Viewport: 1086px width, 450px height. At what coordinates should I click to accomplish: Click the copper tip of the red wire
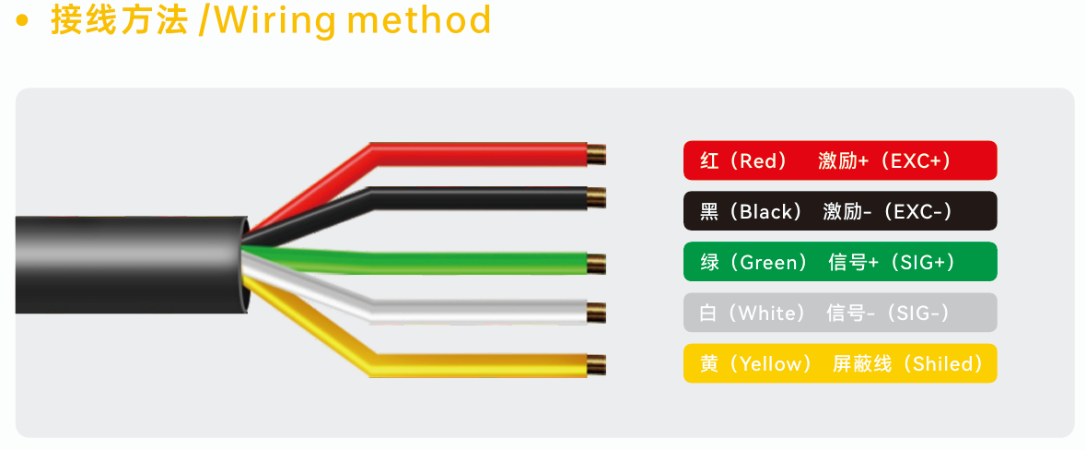[596, 155]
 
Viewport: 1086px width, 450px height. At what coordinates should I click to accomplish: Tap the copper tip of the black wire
[596, 197]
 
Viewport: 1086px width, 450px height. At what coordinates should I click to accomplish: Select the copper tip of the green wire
[596, 264]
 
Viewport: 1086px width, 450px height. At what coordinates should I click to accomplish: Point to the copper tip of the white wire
[596, 313]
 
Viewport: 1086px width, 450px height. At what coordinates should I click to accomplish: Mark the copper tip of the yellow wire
[596, 364]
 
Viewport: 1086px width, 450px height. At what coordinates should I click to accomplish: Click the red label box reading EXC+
[840, 160]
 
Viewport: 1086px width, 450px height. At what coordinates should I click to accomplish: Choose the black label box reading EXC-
[840, 211]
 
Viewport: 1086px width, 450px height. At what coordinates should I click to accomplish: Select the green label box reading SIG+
[840, 261]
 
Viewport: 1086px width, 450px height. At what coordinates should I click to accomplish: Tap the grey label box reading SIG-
[840, 312]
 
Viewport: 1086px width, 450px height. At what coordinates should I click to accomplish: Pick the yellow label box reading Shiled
[840, 362]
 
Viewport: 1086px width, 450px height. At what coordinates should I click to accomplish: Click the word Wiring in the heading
[275, 21]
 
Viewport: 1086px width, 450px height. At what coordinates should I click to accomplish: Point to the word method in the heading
[419, 19]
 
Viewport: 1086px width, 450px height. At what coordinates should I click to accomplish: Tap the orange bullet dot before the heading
[22, 21]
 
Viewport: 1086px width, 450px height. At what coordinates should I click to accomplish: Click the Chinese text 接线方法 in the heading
[120, 20]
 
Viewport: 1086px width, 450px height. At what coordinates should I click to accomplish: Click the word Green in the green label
[764, 262]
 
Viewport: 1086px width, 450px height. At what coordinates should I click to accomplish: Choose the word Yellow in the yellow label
[766, 363]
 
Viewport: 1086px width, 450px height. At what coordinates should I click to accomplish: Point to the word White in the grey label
[763, 313]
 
